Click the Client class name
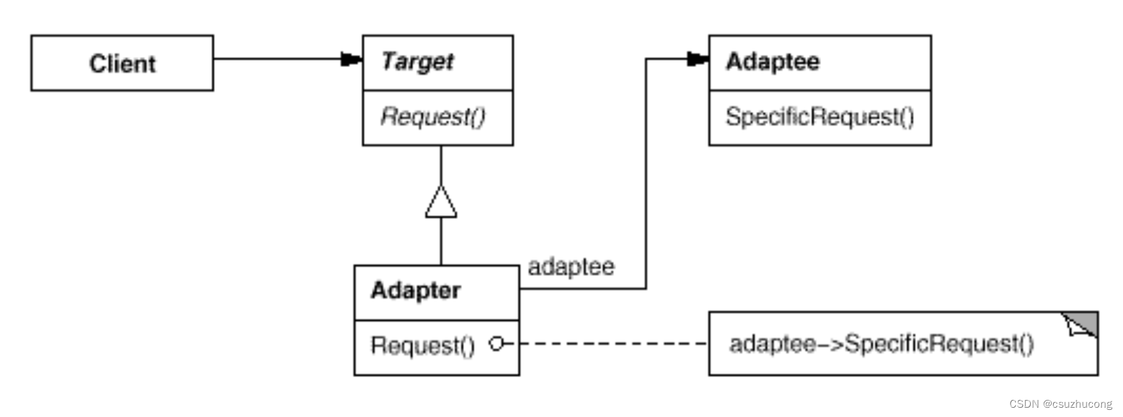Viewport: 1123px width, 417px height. point(122,63)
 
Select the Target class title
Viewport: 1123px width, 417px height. point(417,62)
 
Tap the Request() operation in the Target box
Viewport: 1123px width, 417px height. point(433,117)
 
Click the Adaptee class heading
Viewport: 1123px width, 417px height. point(772,62)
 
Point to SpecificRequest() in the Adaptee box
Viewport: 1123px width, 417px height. point(820,117)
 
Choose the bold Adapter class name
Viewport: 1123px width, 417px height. point(416,290)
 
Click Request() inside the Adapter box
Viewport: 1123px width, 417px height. point(423,346)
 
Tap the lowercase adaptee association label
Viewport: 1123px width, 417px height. point(571,267)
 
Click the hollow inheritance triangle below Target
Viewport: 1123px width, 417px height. point(441,202)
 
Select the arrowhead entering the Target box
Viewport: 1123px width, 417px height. point(351,59)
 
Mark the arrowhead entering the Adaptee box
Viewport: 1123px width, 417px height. point(698,59)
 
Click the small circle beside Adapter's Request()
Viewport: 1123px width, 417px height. point(496,344)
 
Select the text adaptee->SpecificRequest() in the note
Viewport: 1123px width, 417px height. point(882,344)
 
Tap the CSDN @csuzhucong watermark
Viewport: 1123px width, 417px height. point(1060,404)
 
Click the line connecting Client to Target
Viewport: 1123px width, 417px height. point(277,59)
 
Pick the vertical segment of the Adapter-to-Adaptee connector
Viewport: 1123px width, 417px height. point(645,174)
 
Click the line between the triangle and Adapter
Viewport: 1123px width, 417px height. point(441,242)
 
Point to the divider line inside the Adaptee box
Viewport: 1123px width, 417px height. point(820,91)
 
